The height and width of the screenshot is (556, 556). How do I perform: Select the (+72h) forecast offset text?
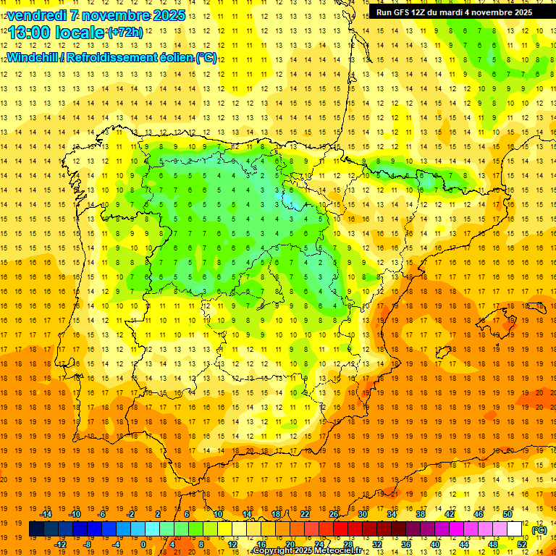coord(125,32)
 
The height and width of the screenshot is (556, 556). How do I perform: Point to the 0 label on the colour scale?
coord(143,544)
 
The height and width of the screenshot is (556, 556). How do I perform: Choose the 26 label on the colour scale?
coord(334,514)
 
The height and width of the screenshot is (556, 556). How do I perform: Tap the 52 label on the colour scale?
coord(522,544)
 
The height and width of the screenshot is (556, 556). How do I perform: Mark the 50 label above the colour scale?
coord(507,514)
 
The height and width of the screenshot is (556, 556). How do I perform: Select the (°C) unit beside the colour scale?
coord(539,530)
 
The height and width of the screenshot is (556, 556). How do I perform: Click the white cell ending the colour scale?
coord(515,529)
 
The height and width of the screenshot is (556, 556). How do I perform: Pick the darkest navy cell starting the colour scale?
coord(36,529)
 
